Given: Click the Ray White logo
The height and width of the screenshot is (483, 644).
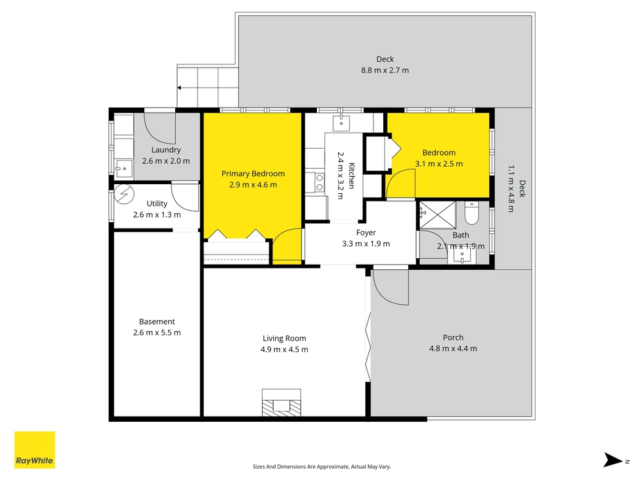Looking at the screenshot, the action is tap(35, 450).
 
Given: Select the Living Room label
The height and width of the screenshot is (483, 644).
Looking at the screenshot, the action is tap(284, 339).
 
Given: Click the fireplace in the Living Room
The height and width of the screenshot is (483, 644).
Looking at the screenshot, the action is tap(281, 402).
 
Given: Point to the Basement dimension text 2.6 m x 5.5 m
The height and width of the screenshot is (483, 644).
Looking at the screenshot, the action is tap(157, 333).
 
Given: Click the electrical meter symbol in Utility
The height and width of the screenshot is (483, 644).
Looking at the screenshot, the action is tap(124, 194).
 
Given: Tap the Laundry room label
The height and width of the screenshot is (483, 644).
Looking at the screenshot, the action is tap(166, 150).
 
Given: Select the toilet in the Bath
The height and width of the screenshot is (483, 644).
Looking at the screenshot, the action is tap(471, 213).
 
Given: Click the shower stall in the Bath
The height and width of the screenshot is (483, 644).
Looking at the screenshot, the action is tap(437, 215).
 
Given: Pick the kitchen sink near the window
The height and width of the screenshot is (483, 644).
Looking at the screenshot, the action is tap(341, 122).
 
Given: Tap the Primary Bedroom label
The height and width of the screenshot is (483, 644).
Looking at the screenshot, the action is tap(253, 174).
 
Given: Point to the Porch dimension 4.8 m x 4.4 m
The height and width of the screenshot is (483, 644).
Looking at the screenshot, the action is tap(453, 348).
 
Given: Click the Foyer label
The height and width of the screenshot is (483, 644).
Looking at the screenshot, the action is tap(366, 232).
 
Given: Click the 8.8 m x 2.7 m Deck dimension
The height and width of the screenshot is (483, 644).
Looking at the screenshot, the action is tap(385, 70).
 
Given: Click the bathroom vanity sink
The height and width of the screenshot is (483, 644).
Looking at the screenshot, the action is tap(462, 256).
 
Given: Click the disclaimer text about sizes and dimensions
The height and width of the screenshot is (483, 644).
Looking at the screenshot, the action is tap(321, 466).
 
